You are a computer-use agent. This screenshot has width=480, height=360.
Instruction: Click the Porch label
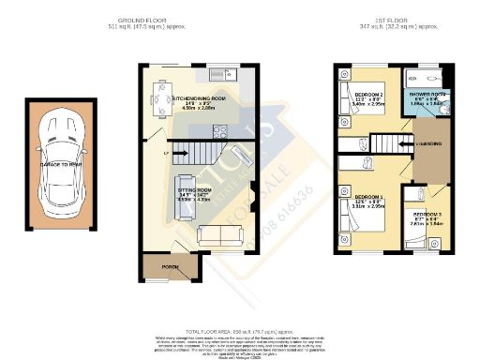click(x=170, y=267)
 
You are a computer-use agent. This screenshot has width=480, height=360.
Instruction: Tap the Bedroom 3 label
click(x=426, y=215)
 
